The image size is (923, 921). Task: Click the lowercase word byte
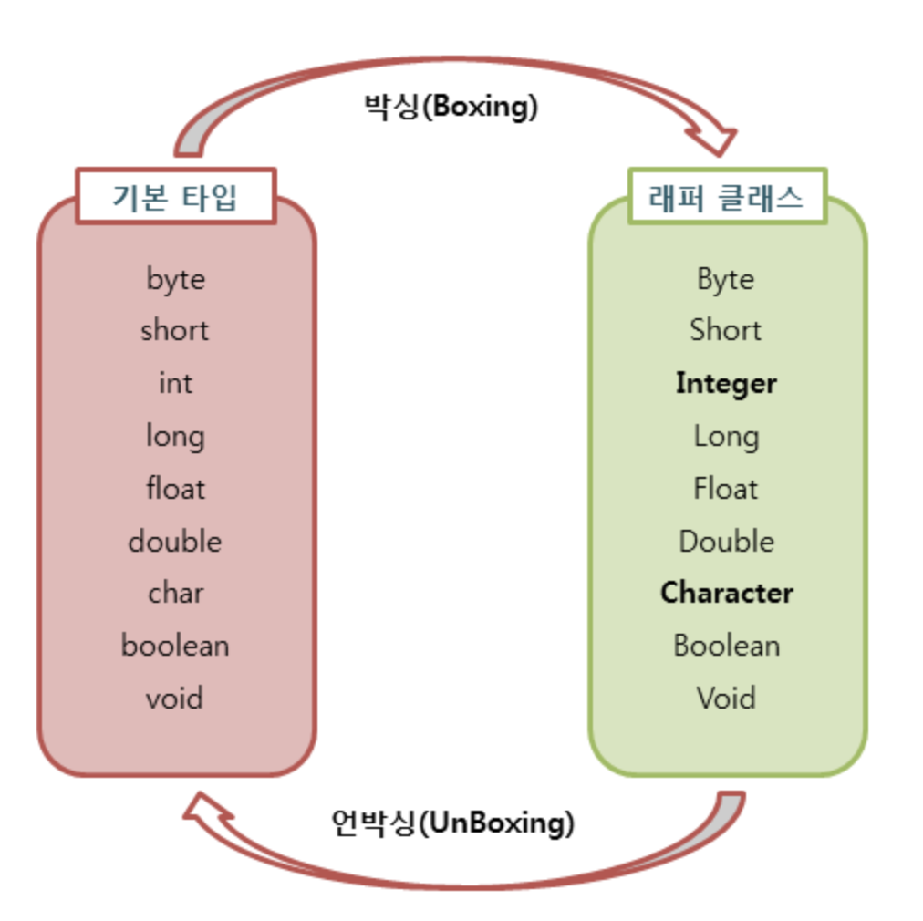tap(175, 279)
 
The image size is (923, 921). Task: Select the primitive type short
tap(174, 330)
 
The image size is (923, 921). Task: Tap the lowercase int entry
tap(175, 383)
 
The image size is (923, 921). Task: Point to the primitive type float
tap(175, 489)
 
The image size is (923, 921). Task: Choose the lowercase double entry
tap(174, 542)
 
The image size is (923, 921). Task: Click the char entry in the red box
tap(175, 594)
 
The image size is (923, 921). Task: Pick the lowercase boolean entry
tap(174, 646)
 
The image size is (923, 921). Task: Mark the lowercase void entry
tap(174, 699)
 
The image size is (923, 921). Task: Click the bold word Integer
tap(726, 383)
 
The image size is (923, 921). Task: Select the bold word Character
tap(726, 594)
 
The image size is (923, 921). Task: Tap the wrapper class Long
tap(726, 436)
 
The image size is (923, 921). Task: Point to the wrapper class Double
tap(726, 542)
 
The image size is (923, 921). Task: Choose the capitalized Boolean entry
tap(726, 646)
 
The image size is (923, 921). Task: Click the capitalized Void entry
tap(726, 699)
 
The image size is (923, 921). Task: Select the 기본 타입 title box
tap(175, 196)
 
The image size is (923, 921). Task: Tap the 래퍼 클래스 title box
tap(726, 196)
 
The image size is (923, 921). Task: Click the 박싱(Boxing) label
tap(451, 107)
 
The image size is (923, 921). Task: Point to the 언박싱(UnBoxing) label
tap(452, 823)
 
